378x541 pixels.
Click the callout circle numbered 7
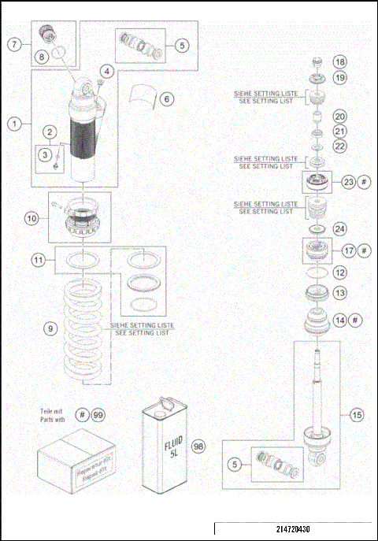tap(15, 44)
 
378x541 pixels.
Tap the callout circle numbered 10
tap(31, 218)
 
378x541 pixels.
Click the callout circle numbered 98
tap(198, 446)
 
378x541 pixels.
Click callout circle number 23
tap(349, 182)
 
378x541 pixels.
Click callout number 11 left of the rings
tap(38, 259)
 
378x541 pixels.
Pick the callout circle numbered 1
tap(13, 123)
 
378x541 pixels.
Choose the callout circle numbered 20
tap(339, 116)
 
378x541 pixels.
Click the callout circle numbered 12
tap(339, 272)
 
